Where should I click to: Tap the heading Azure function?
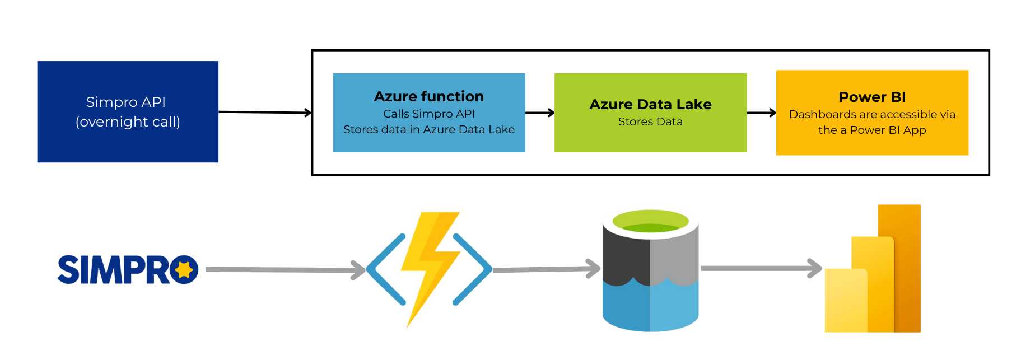pyautogui.click(x=428, y=96)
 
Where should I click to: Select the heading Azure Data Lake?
pyautogui.click(x=650, y=104)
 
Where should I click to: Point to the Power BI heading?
pyautogui.click(x=872, y=97)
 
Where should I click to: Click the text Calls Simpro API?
pyautogui.click(x=428, y=114)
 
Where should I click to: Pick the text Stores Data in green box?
pyautogui.click(x=650, y=121)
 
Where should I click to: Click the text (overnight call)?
pyautogui.click(x=128, y=121)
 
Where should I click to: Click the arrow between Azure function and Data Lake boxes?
pyautogui.click(x=540, y=113)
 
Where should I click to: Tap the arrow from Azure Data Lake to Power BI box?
pyautogui.click(x=761, y=113)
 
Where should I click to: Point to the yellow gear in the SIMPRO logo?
pyautogui.click(x=183, y=270)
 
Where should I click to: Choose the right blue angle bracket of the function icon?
pyautogui.click(x=473, y=269)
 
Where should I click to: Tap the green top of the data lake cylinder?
pyautogui.click(x=650, y=221)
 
